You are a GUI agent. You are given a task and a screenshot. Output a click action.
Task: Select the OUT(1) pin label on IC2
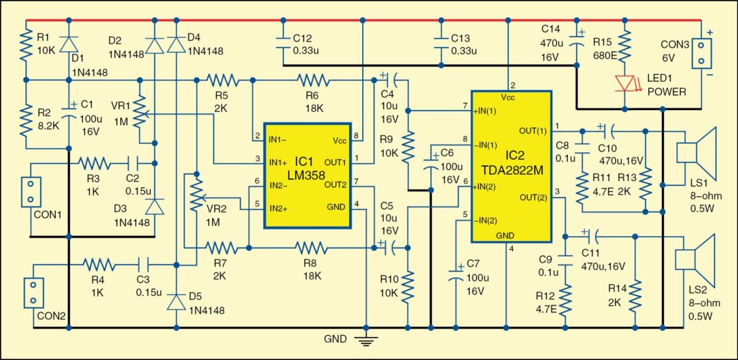531,130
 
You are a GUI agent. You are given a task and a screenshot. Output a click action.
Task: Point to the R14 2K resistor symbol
634,290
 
